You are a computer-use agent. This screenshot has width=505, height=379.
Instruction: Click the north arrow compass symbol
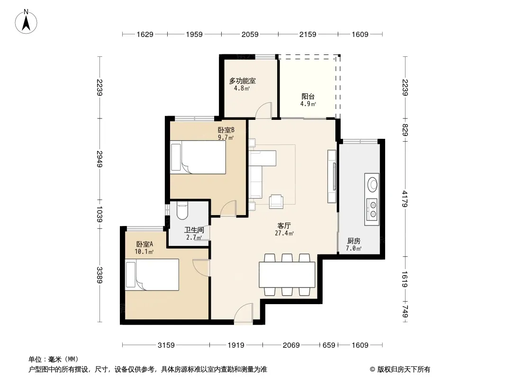pyautogui.click(x=26, y=22)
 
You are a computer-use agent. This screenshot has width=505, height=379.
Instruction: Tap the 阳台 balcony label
pyautogui.click(x=308, y=96)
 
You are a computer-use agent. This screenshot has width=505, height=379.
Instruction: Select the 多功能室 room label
pyautogui.click(x=242, y=81)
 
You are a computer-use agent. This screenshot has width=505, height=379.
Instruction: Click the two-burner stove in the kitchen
pyautogui.click(x=372, y=209)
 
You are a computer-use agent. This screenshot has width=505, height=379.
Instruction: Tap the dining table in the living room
pyautogui.click(x=287, y=275)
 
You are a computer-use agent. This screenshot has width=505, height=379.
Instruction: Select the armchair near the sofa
pyautogui.click(x=276, y=201)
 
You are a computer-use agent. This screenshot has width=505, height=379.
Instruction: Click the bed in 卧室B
pyautogui.click(x=198, y=157)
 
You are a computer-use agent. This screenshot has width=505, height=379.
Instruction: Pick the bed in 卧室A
pyautogui.click(x=152, y=275)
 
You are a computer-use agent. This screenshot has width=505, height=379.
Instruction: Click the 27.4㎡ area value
pyautogui.click(x=284, y=233)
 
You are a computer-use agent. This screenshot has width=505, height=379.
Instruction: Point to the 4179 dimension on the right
pyautogui.click(x=405, y=199)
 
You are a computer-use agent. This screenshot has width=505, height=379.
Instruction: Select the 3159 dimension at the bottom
pyautogui.click(x=166, y=345)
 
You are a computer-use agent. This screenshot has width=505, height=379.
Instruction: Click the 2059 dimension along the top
pyautogui.click(x=250, y=34)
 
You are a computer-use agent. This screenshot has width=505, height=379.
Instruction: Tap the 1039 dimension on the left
pyautogui.click(x=99, y=214)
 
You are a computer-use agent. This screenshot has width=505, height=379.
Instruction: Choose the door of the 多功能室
pyautogui.click(x=264, y=110)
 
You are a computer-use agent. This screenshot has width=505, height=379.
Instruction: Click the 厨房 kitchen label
pyautogui.click(x=353, y=241)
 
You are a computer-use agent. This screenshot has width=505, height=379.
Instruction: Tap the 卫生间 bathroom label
pyautogui.click(x=194, y=230)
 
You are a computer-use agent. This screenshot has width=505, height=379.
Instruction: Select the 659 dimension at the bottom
pyautogui.click(x=329, y=345)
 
